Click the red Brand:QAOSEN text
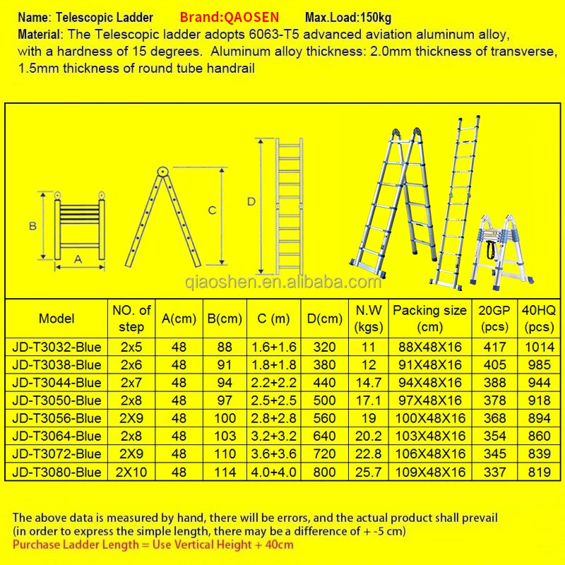point(229,17)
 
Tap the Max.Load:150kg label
point(347,18)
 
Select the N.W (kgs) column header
point(368,319)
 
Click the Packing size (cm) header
point(429,319)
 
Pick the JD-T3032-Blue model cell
point(56,347)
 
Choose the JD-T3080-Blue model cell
point(56,472)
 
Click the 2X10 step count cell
point(131,472)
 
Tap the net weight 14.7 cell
point(368,383)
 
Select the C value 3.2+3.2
point(273,436)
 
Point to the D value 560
point(324,418)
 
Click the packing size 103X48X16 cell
point(430,436)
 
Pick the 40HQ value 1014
point(539,347)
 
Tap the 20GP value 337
point(494,472)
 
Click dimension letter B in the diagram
point(32,226)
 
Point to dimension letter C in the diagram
point(213,210)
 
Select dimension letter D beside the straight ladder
point(251,202)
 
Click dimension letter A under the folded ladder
point(78,259)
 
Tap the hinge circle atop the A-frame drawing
point(162,172)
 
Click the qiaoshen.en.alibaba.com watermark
point(283,282)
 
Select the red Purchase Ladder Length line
point(153,545)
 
